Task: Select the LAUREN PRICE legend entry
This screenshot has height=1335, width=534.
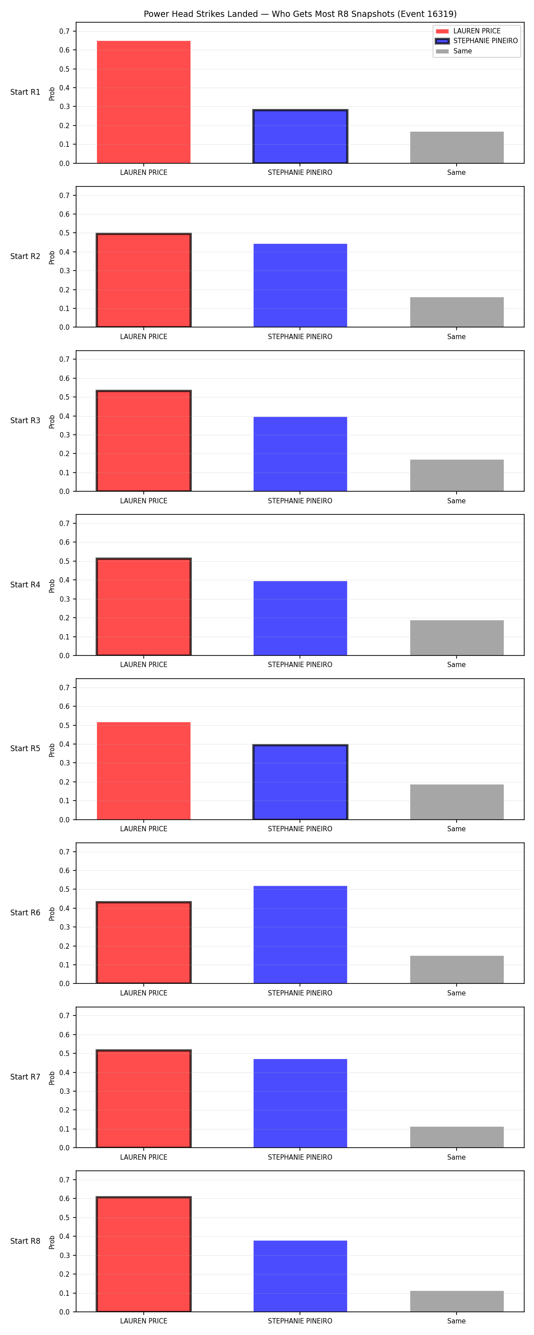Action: pos(468,31)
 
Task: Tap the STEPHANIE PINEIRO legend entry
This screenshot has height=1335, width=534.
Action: pos(477,41)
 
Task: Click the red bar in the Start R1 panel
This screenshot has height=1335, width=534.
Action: pos(144,102)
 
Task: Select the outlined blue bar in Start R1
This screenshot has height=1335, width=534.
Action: pos(300,136)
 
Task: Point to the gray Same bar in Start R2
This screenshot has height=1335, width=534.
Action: pos(457,312)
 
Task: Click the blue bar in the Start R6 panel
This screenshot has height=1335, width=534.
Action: pos(300,934)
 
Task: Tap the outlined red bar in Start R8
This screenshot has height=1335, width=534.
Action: pos(144,1254)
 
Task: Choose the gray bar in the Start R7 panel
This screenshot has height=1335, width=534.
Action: pos(457,1137)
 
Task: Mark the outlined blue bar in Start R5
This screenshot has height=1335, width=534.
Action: pos(300,782)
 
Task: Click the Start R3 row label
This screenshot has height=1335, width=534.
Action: pos(25,420)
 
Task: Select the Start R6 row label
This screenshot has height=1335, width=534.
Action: pos(25,913)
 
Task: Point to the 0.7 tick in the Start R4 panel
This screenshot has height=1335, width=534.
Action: pos(64,523)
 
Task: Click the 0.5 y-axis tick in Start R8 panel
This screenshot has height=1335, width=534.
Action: pos(64,1218)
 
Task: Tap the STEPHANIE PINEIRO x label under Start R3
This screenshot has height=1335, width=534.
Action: pos(300,501)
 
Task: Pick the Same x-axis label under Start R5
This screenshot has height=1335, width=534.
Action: pos(457,829)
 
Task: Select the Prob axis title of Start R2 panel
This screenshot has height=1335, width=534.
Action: pos(52,258)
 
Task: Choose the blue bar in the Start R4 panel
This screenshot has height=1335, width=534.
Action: pos(300,618)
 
